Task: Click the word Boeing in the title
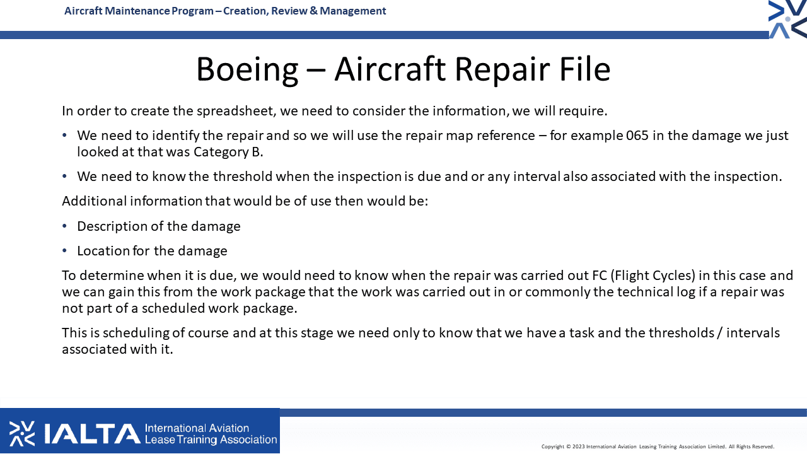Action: point(247,69)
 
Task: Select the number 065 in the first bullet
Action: point(637,136)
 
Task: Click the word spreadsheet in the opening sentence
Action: point(236,111)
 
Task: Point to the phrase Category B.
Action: point(228,152)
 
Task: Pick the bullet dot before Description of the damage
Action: point(64,226)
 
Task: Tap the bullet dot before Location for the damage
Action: point(64,250)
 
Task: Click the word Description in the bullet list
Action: point(112,226)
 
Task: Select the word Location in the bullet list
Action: point(103,251)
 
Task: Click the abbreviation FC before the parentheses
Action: point(600,276)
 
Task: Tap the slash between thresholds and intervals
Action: point(720,333)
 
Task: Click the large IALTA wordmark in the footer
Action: point(92,433)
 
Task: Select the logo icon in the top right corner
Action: point(787,19)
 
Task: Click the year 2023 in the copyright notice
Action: point(579,447)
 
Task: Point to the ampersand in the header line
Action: point(313,11)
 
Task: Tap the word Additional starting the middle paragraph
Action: point(95,201)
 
